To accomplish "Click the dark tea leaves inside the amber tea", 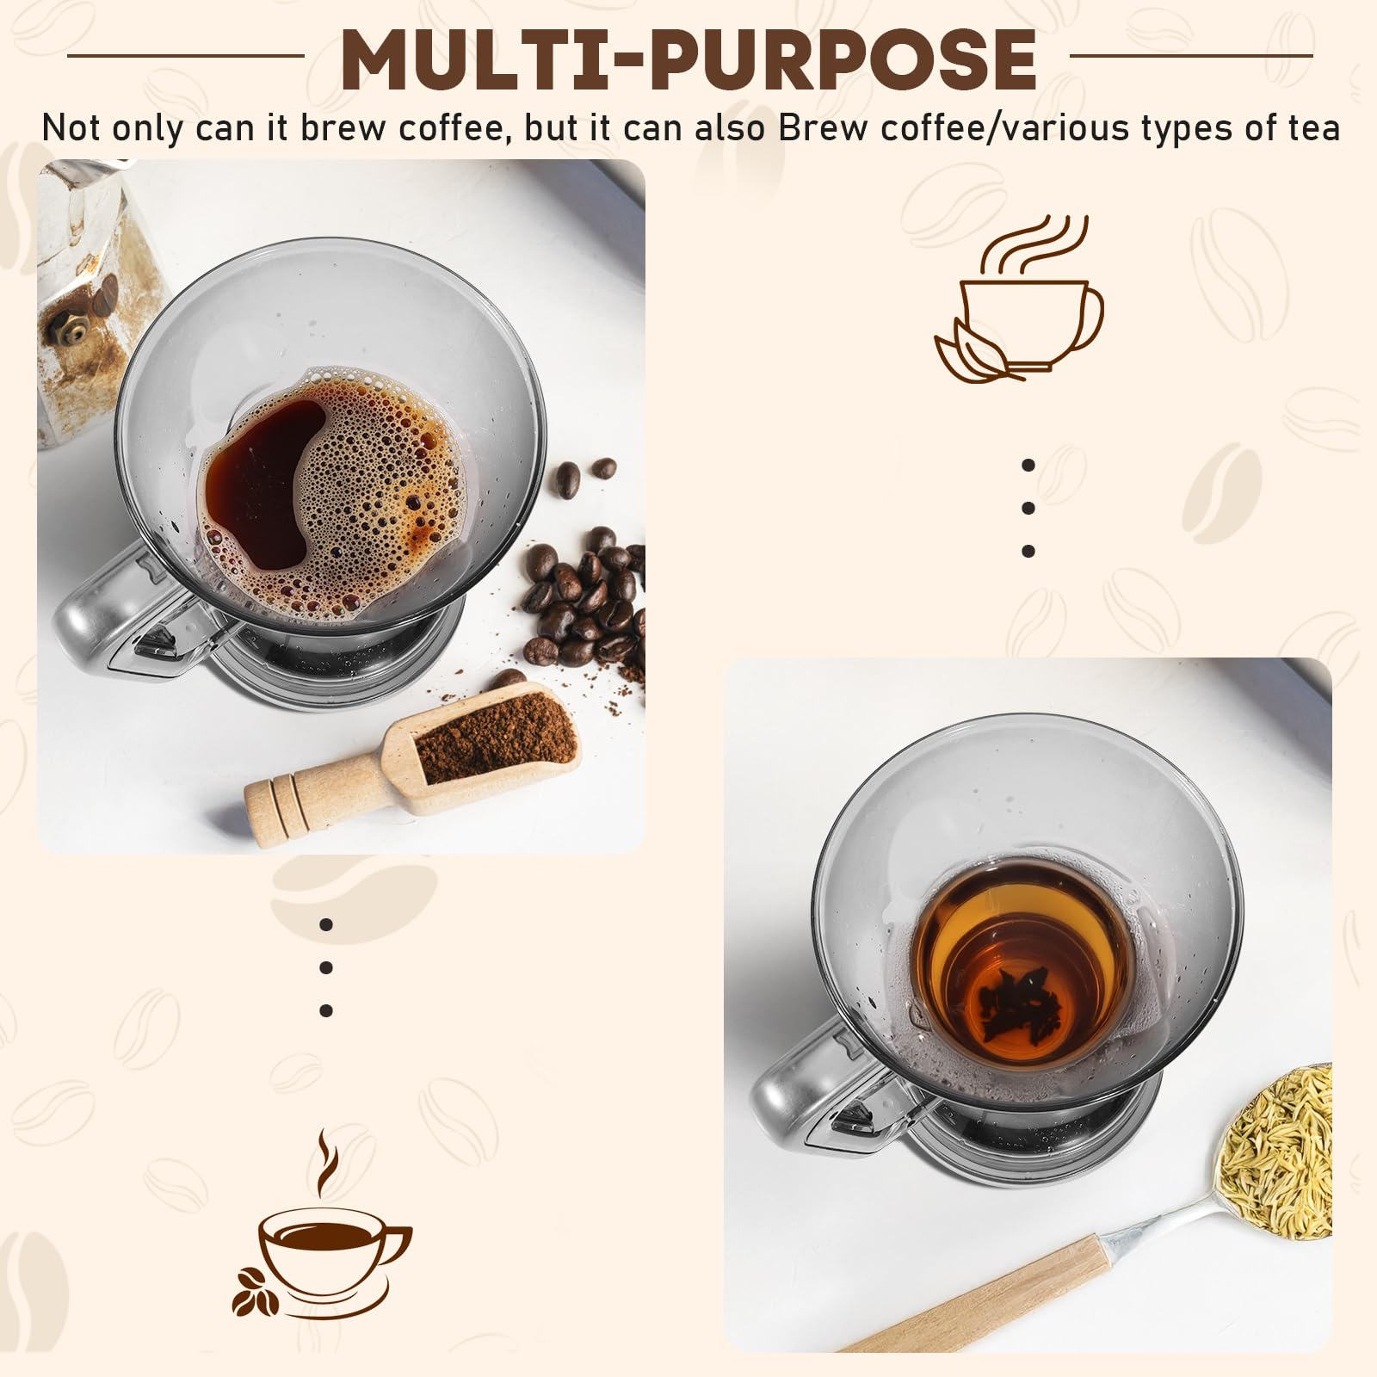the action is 1019,1003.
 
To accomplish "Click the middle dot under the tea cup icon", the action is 1028,508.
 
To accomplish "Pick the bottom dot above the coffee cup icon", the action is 326,1010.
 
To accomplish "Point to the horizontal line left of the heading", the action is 185,56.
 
